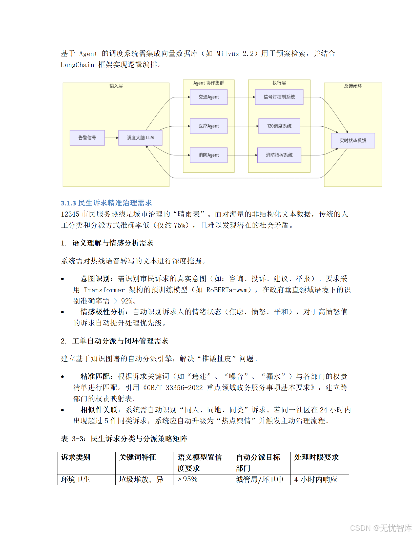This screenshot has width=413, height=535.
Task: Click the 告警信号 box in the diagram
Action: pyautogui.click(x=87, y=138)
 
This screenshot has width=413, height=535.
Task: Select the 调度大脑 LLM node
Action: pyautogui.click(x=140, y=138)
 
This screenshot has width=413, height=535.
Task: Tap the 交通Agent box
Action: pyautogui.click(x=209, y=97)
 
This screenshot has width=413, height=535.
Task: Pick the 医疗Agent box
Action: pyautogui.click(x=209, y=126)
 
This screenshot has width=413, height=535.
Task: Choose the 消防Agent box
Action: pyautogui.click(x=209, y=155)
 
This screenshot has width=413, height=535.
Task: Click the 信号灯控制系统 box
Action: pyautogui.click(x=279, y=97)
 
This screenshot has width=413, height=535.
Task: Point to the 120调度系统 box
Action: pyautogui.click(x=279, y=126)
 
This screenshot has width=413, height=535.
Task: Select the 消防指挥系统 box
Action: pyautogui.click(x=279, y=155)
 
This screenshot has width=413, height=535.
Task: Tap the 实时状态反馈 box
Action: pyautogui.click(x=353, y=141)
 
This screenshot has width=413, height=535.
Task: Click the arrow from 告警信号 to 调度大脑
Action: pyautogui.click(x=111, y=138)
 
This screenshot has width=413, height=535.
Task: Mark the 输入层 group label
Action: pyautogui.click(x=116, y=86)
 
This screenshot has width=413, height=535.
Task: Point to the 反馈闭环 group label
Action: pyautogui.click(x=353, y=86)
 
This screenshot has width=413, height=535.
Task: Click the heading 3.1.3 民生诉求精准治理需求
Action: pyautogui.click(x=106, y=203)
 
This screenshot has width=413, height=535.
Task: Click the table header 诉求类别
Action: pyautogui.click(x=76, y=457)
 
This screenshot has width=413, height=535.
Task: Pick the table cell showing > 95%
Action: pyautogui.click(x=188, y=479)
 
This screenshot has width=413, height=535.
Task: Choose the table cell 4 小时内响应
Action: pyautogui.click(x=316, y=480)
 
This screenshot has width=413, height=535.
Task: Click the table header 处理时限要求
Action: pyautogui.click(x=316, y=457)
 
